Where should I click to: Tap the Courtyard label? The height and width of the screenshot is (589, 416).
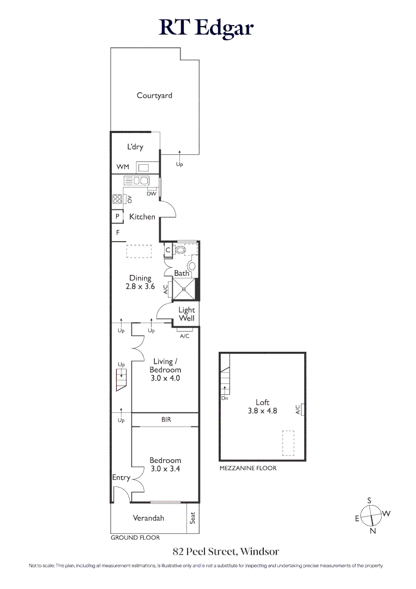[x=154, y=95]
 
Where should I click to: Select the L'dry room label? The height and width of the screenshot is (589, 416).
[x=135, y=147]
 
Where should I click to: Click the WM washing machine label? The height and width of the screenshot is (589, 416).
[x=123, y=167]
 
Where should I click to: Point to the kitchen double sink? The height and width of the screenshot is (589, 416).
[x=136, y=181]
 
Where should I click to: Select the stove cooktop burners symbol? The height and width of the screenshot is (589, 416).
[x=117, y=199]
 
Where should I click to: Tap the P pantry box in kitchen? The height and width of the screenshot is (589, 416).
[x=117, y=217]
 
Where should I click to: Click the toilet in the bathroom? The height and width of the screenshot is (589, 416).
[x=180, y=250]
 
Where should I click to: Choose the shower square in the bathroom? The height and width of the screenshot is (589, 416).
[x=184, y=290]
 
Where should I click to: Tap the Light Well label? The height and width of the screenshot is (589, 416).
[x=186, y=314]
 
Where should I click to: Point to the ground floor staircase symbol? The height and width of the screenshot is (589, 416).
[x=121, y=380]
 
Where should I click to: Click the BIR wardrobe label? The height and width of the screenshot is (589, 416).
[x=166, y=420]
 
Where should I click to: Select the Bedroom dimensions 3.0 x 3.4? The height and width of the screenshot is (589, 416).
[x=165, y=468]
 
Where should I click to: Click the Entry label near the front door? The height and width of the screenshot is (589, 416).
[x=121, y=478]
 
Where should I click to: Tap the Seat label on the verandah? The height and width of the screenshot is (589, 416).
[x=192, y=518]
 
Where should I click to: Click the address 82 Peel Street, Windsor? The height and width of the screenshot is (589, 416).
[x=226, y=551]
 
